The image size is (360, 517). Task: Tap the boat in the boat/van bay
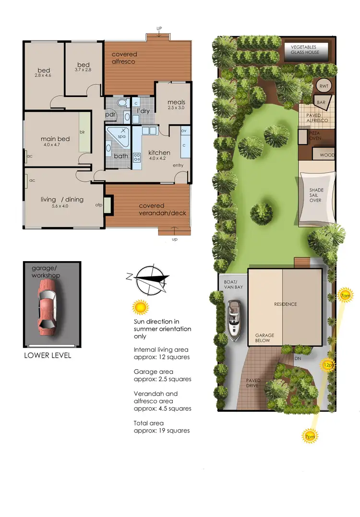[x=234, y=320]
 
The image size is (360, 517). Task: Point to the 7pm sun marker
[x=309, y=436]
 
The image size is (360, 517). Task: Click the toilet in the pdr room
[x=121, y=103]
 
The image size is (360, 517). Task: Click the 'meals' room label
[x=176, y=102]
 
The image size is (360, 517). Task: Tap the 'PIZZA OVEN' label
[x=315, y=135]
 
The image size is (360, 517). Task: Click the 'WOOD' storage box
[x=327, y=155]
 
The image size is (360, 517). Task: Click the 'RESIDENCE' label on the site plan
[x=285, y=304]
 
